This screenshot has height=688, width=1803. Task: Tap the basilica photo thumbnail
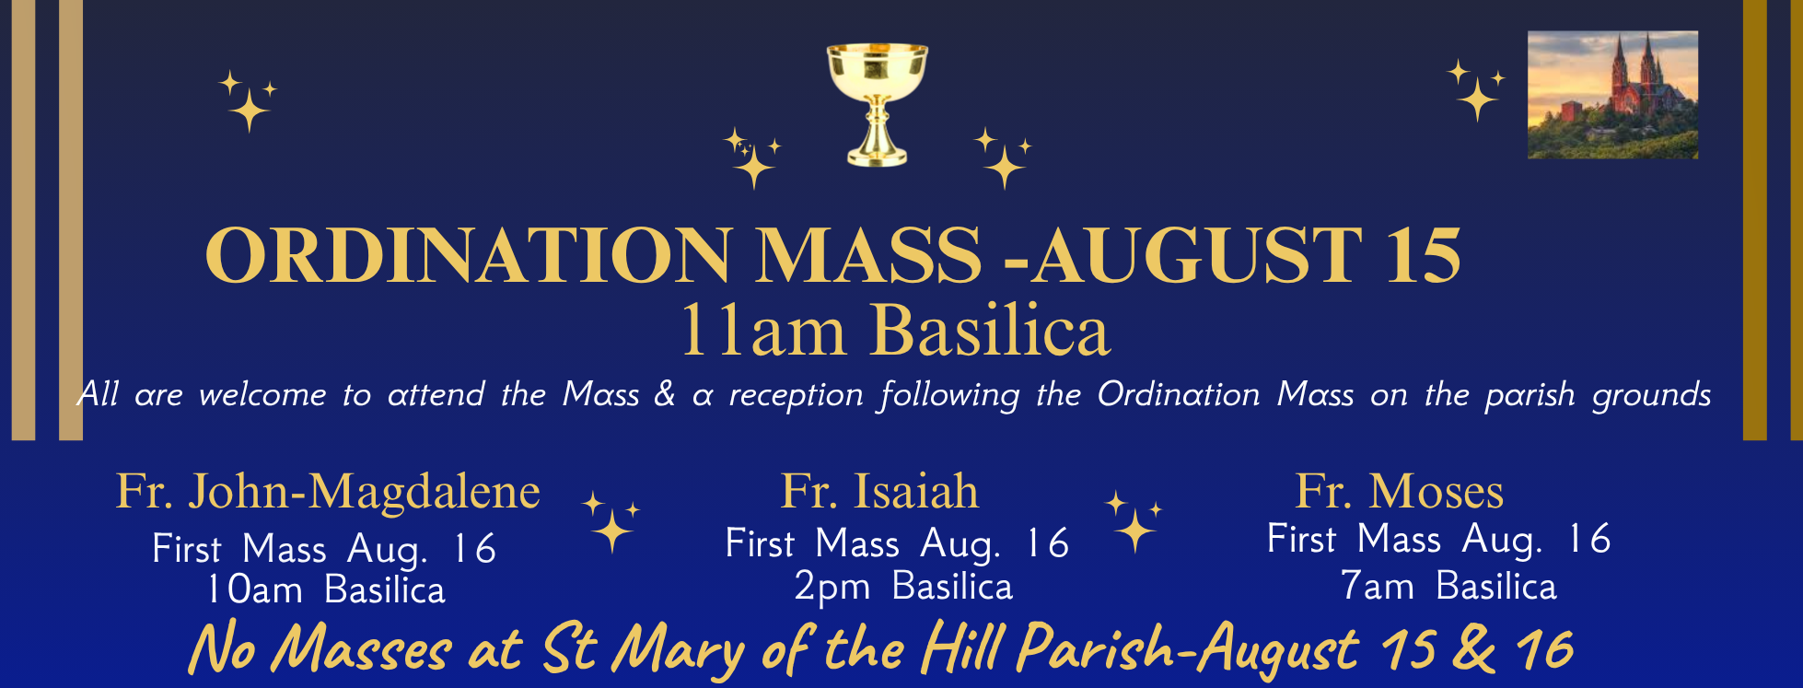coord(1612,95)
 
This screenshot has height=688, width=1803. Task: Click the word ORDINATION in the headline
coord(469,255)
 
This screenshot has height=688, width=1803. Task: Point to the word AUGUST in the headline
coord(1196,255)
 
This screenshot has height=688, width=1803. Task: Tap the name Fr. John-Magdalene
coord(328,492)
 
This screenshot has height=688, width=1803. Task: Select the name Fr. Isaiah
coord(879,491)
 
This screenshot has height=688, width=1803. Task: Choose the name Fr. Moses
coord(1399,491)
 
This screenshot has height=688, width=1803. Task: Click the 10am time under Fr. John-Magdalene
coord(254,589)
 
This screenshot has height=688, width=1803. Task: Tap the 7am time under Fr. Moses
coord(1377,586)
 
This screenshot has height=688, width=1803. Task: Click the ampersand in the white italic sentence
coord(664,394)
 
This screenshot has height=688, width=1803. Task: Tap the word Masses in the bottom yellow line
coord(361,649)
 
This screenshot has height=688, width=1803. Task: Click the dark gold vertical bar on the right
coord(1754,220)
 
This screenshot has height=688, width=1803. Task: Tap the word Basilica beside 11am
coord(991,331)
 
